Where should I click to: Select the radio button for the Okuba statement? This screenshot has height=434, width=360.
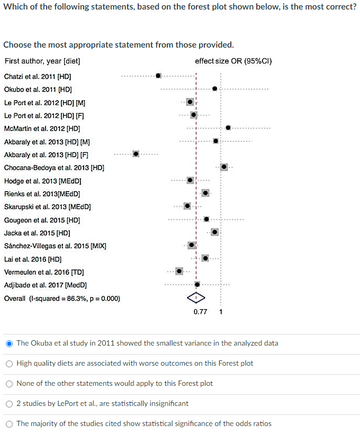9,343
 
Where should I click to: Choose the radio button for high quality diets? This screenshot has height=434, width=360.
9,363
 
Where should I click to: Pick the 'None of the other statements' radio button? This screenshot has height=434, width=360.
9,383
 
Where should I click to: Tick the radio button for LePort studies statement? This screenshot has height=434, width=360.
9,403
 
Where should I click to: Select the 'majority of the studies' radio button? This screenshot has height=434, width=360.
9,423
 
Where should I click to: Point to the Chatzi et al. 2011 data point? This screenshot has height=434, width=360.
158,76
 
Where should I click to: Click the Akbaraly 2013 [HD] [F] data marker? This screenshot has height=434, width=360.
136,154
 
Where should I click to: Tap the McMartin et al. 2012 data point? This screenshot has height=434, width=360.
228,128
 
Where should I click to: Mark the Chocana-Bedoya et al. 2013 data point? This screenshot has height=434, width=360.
224,167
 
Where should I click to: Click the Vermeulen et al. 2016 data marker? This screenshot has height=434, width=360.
179,271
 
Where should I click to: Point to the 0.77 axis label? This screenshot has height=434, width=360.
200,312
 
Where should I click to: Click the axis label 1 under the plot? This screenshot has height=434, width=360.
221,312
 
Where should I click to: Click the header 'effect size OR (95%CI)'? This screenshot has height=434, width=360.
233,61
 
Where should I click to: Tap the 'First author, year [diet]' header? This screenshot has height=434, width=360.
42,61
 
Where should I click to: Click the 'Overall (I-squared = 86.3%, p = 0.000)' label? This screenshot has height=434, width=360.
62,299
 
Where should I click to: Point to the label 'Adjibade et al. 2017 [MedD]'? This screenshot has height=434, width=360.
45,285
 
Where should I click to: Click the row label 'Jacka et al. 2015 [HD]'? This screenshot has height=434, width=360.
37,233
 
